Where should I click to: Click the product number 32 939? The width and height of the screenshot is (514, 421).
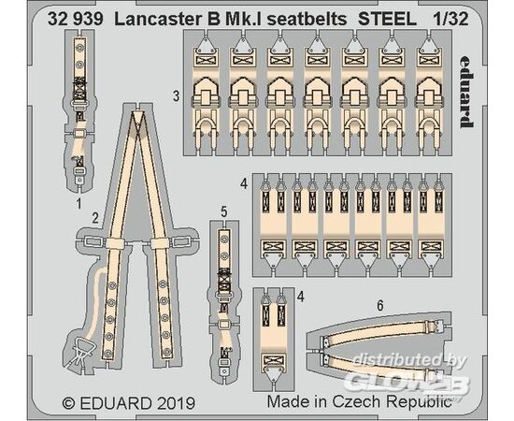point(76,20)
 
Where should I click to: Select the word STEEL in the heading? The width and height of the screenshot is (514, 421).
point(387,20)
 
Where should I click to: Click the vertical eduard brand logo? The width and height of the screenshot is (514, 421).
point(466,91)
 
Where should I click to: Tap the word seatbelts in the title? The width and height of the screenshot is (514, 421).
point(307,20)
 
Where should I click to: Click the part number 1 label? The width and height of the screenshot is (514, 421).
point(79,204)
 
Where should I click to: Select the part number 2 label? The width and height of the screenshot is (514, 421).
point(95,218)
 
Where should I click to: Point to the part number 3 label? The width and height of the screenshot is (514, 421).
point(177,96)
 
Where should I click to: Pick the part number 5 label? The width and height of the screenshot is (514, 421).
point(224,211)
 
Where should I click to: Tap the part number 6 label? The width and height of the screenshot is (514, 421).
point(380,306)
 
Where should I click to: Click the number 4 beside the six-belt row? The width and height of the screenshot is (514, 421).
point(244,183)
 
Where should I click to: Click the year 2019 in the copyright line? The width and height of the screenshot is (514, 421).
point(176,403)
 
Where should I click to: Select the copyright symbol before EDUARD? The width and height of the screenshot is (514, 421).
point(68,403)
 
